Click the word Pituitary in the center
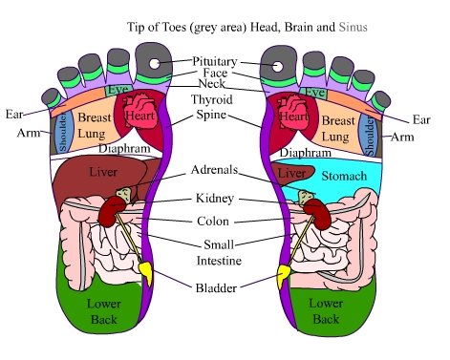(215, 62)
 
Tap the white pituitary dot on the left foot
(155, 63)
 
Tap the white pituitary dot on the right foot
(277, 67)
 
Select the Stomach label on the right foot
(344, 176)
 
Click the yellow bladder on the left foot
(146, 272)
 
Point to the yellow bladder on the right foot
(283, 275)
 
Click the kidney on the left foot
(112, 211)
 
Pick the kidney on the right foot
(317, 213)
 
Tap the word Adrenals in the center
(214, 170)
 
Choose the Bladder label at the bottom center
(216, 288)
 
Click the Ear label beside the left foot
(14, 114)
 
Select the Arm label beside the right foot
(402, 138)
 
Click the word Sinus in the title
(353, 27)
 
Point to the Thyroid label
(212, 99)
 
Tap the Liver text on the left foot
(103, 172)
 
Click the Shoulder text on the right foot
(370, 137)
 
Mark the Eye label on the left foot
(118, 90)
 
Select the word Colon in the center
(213, 222)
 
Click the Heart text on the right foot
(293, 116)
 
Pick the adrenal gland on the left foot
(123, 195)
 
